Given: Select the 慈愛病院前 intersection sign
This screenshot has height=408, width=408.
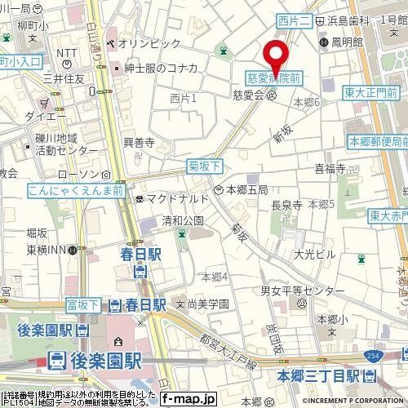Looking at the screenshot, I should [x=274, y=78].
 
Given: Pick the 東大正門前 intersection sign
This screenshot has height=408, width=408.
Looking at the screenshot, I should [x=375, y=92].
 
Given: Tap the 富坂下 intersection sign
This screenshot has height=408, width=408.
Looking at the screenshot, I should [x=83, y=305].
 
